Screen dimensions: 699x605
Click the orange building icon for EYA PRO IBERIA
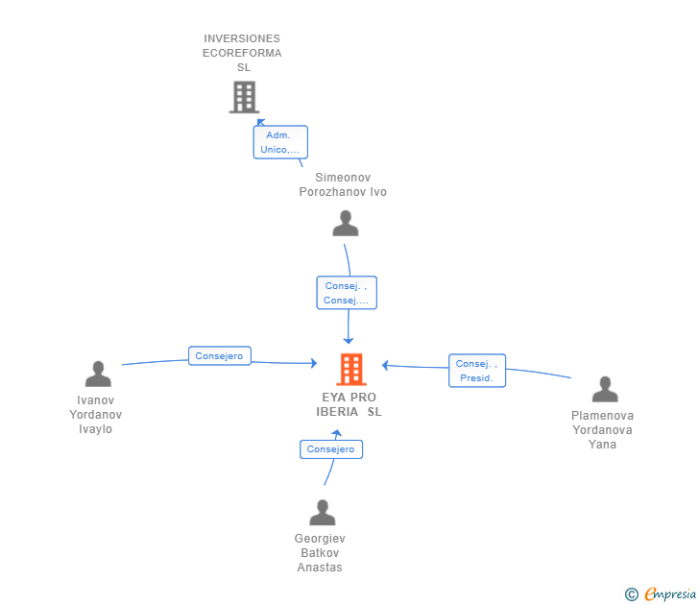click(x=351, y=369)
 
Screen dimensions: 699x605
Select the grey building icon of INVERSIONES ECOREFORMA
click(x=244, y=97)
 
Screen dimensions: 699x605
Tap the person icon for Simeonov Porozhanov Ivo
click(x=346, y=224)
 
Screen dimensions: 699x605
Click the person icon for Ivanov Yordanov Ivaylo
click(x=98, y=374)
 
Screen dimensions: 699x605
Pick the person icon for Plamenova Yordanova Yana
click(x=605, y=389)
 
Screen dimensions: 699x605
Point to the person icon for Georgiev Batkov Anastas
click(x=323, y=512)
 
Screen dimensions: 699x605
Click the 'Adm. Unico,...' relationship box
click(x=280, y=142)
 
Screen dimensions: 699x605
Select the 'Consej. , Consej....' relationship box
click(x=347, y=293)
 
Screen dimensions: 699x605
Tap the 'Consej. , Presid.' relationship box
click(x=477, y=371)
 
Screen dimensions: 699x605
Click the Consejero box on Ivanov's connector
click(x=219, y=355)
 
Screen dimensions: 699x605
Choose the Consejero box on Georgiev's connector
click(x=331, y=449)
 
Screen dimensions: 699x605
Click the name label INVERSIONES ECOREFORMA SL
click(x=242, y=53)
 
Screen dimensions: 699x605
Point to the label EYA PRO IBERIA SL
click(x=349, y=404)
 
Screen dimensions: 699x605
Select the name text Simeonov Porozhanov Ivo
click(x=343, y=184)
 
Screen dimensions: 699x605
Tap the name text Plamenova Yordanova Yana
click(x=602, y=430)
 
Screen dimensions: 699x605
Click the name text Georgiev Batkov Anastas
click(x=320, y=553)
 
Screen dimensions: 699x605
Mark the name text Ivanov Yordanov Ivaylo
click(x=95, y=415)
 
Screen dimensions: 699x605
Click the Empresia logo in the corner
click(x=661, y=593)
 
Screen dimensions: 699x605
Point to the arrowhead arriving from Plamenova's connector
click(x=385, y=365)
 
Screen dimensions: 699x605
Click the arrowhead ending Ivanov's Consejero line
click(x=314, y=363)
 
